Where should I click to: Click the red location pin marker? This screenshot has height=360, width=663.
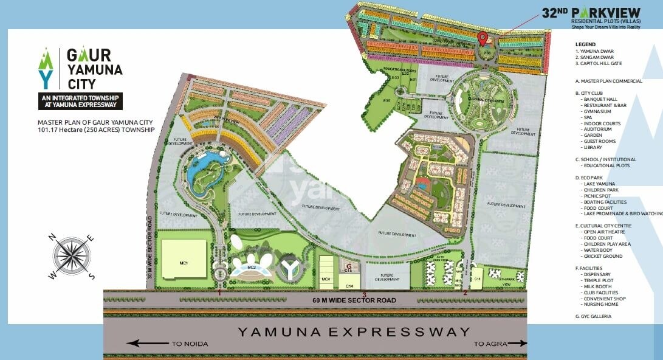[x=483, y=39]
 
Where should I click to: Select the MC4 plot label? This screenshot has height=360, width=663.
[x=326, y=279]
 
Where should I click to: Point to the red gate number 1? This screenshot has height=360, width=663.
[x=219, y=293]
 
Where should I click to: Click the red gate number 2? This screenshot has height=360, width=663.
[x=465, y=293]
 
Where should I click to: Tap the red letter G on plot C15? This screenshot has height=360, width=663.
[x=348, y=266]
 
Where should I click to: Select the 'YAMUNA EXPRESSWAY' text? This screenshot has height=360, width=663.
[x=354, y=332]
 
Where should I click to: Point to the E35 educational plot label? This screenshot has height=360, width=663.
[x=386, y=100]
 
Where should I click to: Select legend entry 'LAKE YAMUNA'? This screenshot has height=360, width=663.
[x=599, y=184]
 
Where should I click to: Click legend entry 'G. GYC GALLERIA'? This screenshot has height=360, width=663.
[x=594, y=317]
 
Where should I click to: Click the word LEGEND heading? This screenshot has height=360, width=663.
[x=585, y=44]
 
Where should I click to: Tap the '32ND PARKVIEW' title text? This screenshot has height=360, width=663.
[x=591, y=12]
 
